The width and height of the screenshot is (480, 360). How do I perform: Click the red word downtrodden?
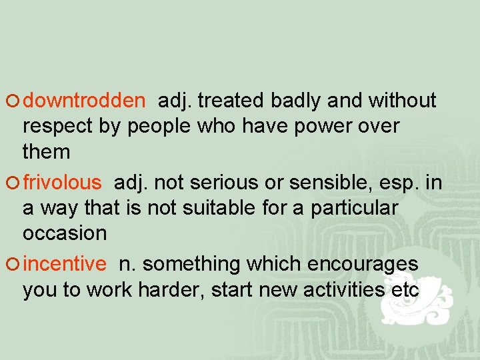pyautogui.click(x=84, y=101)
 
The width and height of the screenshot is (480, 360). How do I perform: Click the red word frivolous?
pyautogui.click(x=63, y=182)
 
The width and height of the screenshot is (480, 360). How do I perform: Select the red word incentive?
pyautogui.click(x=65, y=264)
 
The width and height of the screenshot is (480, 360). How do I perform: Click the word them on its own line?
pyautogui.click(x=46, y=152)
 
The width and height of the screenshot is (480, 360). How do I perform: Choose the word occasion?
pyautogui.click(x=65, y=233)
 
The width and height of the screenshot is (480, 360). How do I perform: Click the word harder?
pyautogui.click(x=175, y=290)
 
